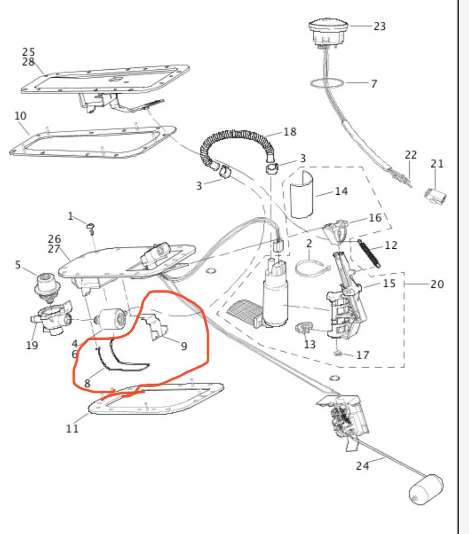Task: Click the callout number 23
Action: (x=380, y=26)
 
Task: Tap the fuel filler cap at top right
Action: (x=328, y=33)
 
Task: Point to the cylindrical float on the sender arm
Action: (x=426, y=490)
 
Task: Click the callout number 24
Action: (x=362, y=466)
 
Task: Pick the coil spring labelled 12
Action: (x=369, y=254)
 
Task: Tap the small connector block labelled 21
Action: (x=435, y=196)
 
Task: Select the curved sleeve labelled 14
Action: (x=302, y=195)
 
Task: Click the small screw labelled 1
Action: (x=91, y=228)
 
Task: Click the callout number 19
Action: (x=32, y=345)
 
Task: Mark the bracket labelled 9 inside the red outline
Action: (x=155, y=326)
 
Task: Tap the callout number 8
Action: (x=87, y=383)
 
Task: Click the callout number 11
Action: (x=72, y=428)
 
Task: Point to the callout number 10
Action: (x=20, y=116)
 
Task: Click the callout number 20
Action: (x=437, y=284)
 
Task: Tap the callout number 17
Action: (x=363, y=355)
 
